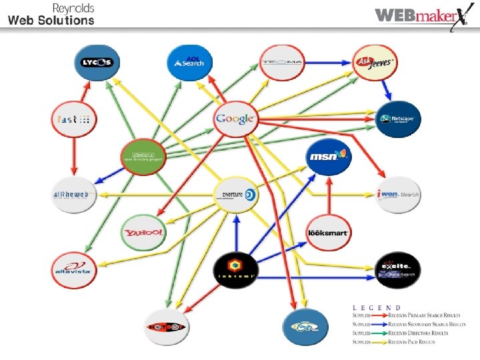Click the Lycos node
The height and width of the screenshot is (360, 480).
[x=97, y=62]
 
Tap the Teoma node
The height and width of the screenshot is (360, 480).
[x=281, y=62]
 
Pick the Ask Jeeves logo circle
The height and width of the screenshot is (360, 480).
[x=374, y=62]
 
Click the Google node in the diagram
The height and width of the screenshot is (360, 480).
[x=235, y=119]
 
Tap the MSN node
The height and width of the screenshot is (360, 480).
[x=328, y=157]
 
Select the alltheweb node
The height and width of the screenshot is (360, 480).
[x=74, y=195]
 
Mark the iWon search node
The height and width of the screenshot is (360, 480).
[x=397, y=195]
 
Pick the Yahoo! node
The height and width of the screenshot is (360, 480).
[x=143, y=232]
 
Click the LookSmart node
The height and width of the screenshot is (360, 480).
[x=328, y=232]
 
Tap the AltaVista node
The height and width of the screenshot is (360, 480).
[x=74, y=269]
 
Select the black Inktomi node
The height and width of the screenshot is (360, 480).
[x=235, y=269]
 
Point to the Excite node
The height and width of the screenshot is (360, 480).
[x=397, y=269]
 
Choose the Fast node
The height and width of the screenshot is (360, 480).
[x=74, y=119]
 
